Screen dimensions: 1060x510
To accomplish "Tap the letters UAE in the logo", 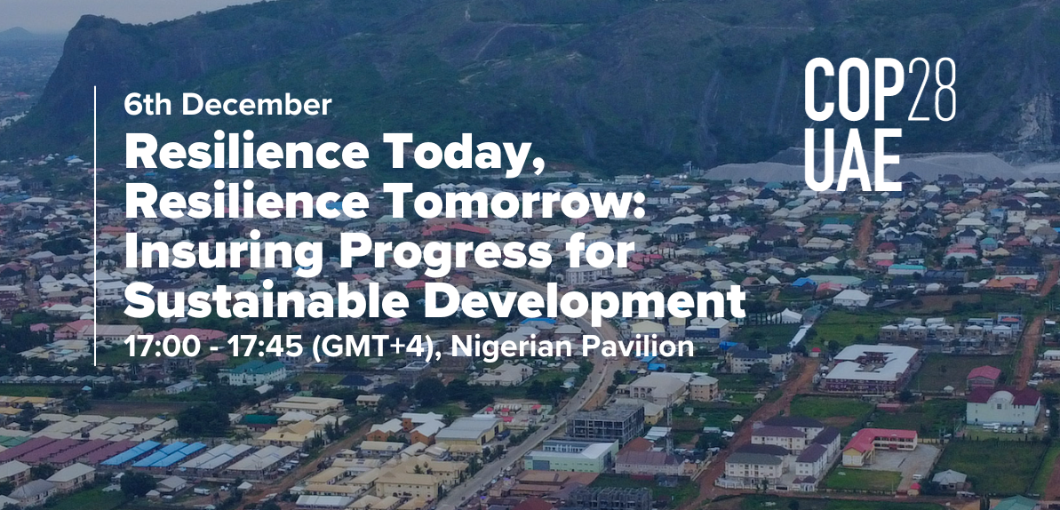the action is click(x=853, y=160).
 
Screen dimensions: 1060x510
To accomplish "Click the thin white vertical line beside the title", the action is click(x=95, y=226).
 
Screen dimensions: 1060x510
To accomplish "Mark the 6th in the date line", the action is click(x=148, y=105).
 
